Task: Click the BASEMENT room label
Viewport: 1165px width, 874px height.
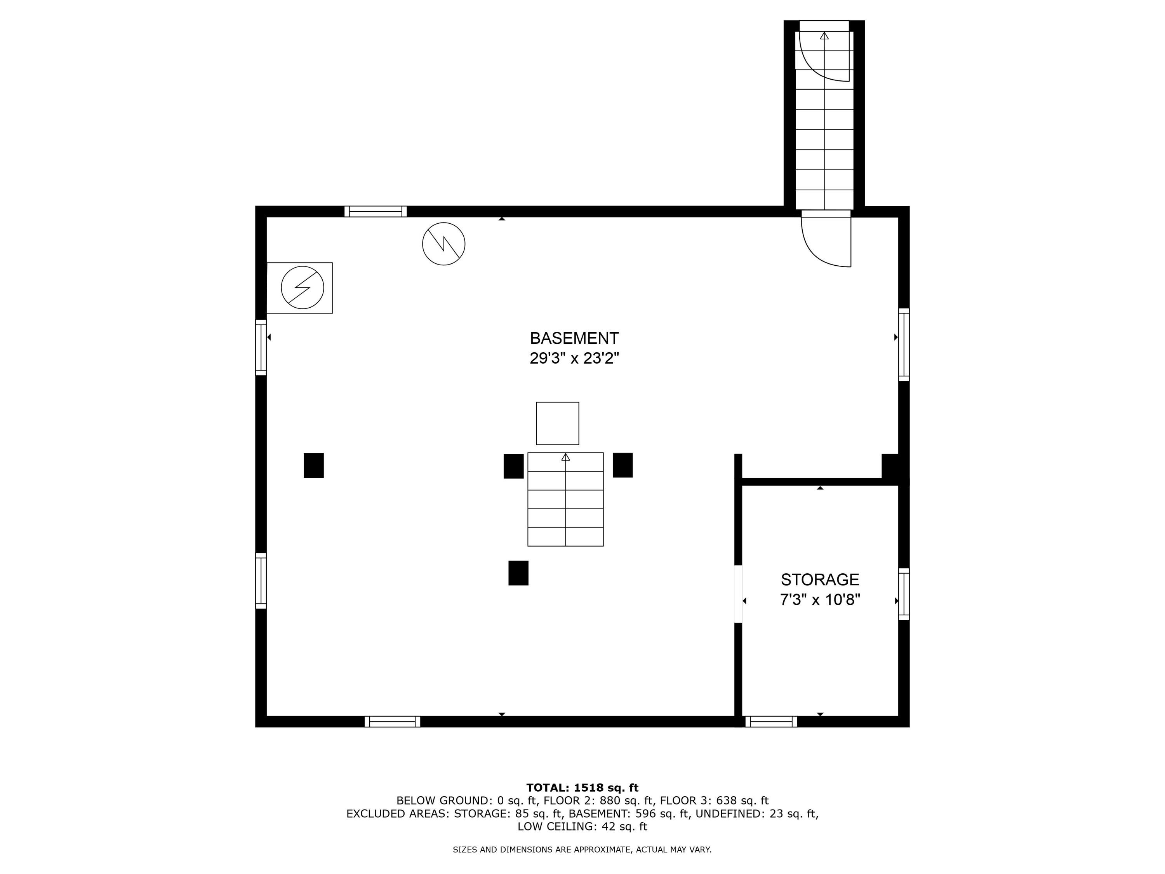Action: [x=574, y=338]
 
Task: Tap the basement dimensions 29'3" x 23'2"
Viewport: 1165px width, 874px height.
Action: [x=574, y=358]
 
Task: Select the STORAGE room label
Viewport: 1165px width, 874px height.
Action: [x=819, y=580]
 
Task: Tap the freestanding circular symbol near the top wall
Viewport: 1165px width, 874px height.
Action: [x=443, y=244]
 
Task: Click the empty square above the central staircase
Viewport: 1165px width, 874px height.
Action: [x=557, y=423]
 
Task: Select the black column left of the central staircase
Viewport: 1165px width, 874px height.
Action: [x=513, y=466]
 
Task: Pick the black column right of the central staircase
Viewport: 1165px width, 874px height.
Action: [x=622, y=465]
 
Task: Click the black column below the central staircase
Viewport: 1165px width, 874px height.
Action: [x=518, y=573]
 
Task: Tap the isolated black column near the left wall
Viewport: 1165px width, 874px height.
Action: [x=313, y=465]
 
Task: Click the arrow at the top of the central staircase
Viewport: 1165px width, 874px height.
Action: [x=566, y=457]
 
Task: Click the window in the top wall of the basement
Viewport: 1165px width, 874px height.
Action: [x=376, y=211]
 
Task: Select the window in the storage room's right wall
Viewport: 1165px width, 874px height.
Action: [x=904, y=594]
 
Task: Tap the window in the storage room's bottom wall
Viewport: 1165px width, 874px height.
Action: [x=771, y=721]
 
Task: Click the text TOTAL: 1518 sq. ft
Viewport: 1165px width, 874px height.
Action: [x=582, y=788]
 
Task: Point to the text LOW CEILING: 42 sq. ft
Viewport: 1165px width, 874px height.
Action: [x=582, y=826]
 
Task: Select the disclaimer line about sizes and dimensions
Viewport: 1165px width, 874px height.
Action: [x=582, y=849]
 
